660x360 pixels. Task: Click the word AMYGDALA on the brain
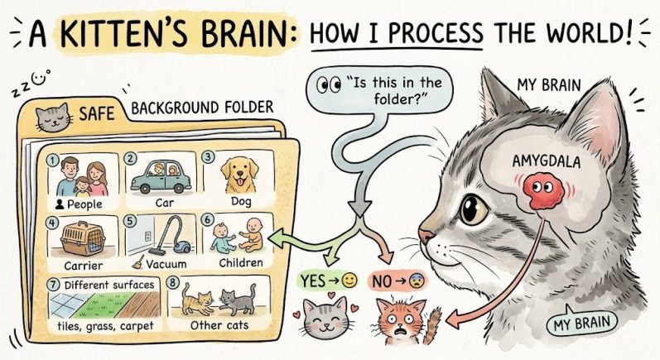click(547, 161)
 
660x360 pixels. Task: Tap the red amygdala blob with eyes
click(543, 191)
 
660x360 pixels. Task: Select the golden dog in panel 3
click(239, 175)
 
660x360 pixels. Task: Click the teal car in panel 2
click(161, 176)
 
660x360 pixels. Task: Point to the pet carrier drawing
click(83, 238)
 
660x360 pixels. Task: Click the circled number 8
click(172, 282)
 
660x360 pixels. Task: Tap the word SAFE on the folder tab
click(96, 113)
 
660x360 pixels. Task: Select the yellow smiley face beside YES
click(349, 281)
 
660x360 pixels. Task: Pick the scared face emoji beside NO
click(417, 281)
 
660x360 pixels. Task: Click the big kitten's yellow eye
click(474, 209)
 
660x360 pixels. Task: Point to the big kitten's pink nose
click(425, 237)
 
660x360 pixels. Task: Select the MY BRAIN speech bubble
click(581, 323)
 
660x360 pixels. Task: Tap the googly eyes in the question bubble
click(328, 86)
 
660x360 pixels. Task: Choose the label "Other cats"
click(219, 325)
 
